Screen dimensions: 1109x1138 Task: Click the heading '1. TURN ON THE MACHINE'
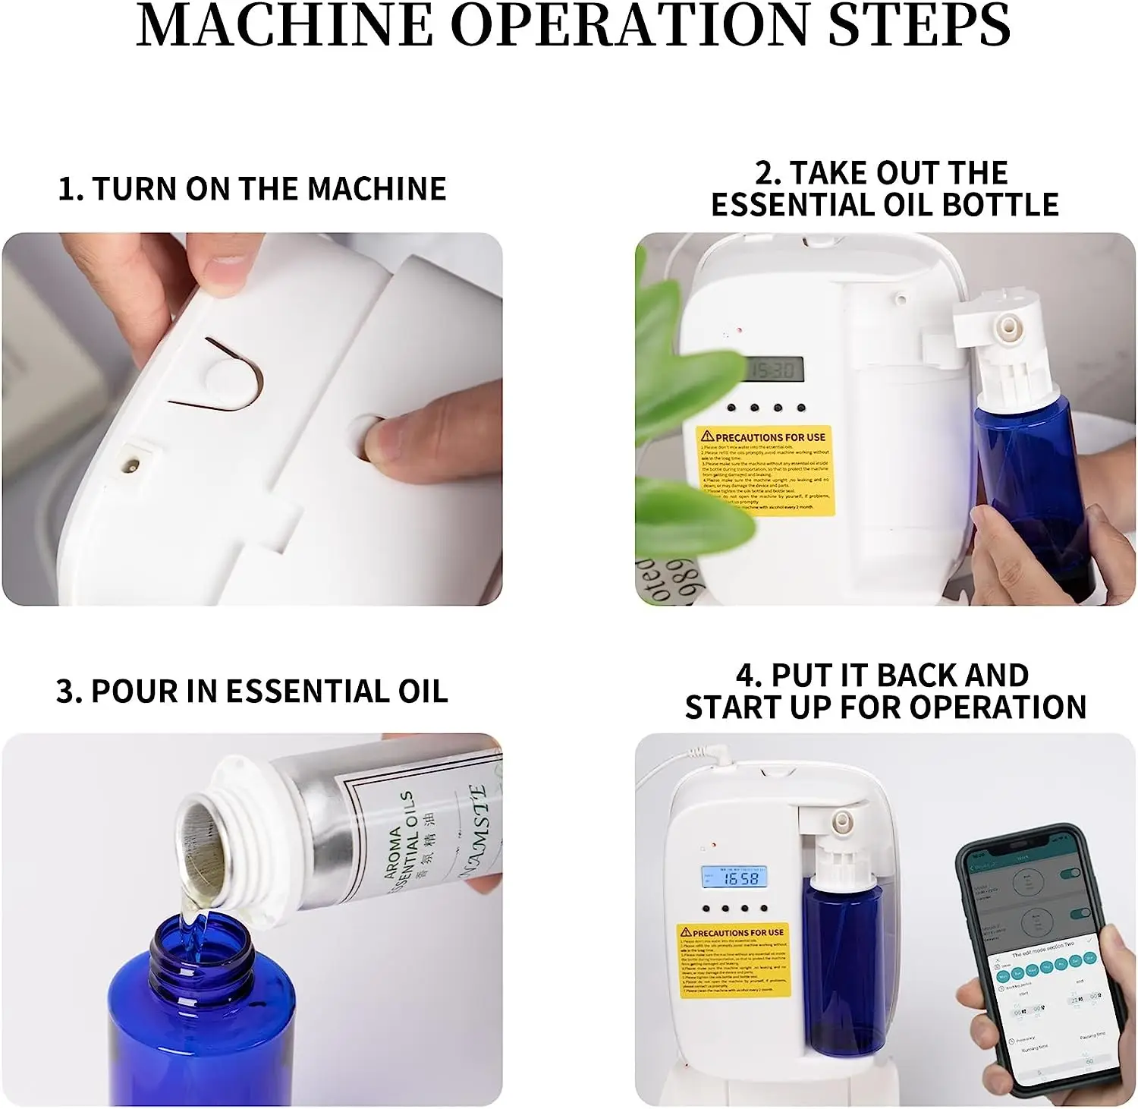[252, 189]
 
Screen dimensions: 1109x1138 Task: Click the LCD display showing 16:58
[733, 878]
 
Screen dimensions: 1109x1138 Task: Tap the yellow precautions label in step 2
[765, 471]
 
